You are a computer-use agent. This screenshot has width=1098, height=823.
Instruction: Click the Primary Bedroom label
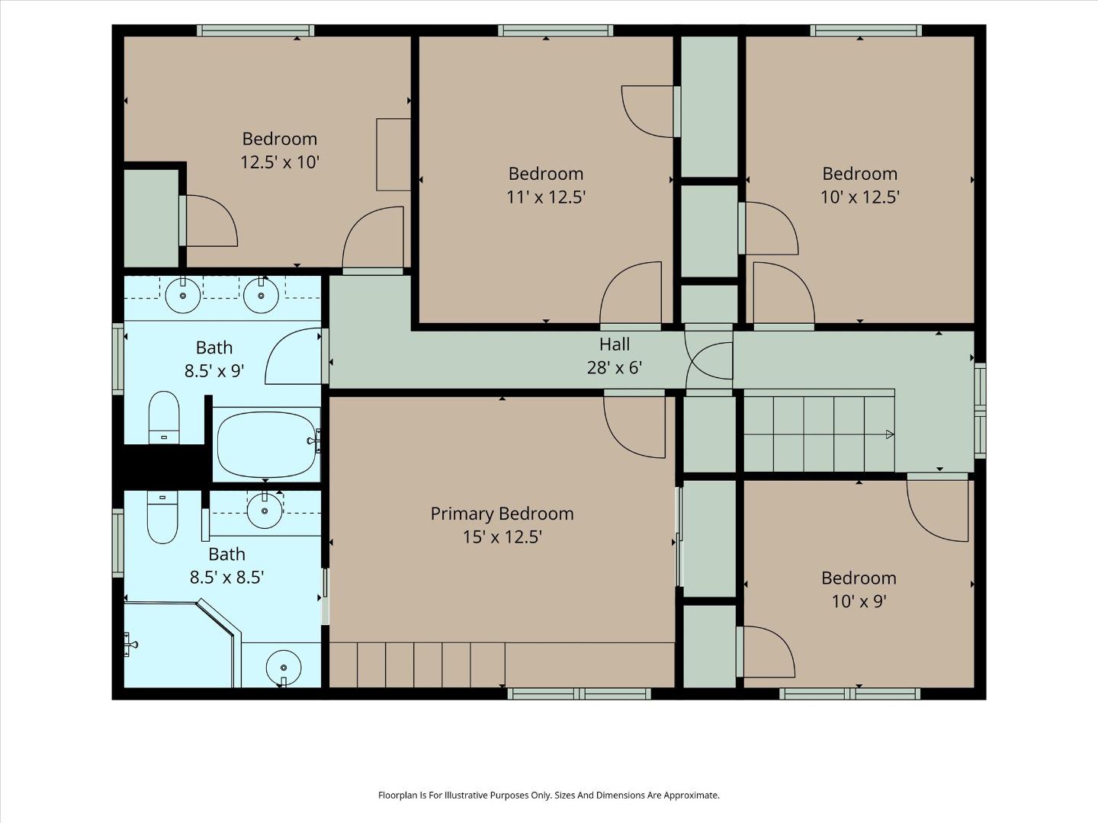click(x=502, y=514)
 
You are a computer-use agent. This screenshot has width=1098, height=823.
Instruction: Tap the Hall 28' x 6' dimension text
click(x=615, y=368)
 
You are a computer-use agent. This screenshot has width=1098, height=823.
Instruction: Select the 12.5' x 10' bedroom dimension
click(x=280, y=162)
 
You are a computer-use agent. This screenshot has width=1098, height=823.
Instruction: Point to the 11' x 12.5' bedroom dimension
click(x=546, y=197)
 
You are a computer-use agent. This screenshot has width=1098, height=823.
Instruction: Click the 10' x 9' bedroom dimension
click(x=859, y=601)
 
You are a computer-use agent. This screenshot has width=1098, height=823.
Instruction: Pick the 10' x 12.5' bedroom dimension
click(x=860, y=197)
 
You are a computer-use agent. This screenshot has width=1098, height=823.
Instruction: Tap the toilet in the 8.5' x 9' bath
click(x=164, y=418)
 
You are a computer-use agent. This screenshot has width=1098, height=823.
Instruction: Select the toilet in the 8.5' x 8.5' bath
click(x=162, y=517)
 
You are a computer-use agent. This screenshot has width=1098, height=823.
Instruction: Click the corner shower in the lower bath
click(x=180, y=645)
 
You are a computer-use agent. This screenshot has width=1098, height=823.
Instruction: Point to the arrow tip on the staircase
click(x=894, y=434)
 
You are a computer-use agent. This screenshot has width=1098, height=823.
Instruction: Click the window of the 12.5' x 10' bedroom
click(x=255, y=31)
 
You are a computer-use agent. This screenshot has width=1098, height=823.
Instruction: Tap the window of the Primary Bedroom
click(x=579, y=693)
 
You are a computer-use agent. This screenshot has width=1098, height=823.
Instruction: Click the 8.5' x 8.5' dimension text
click(x=226, y=578)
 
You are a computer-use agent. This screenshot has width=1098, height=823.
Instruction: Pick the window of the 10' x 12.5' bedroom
click(x=866, y=31)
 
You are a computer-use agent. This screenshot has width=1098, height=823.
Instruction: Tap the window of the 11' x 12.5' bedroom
click(x=555, y=31)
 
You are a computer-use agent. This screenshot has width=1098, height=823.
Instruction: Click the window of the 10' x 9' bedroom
click(x=850, y=693)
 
